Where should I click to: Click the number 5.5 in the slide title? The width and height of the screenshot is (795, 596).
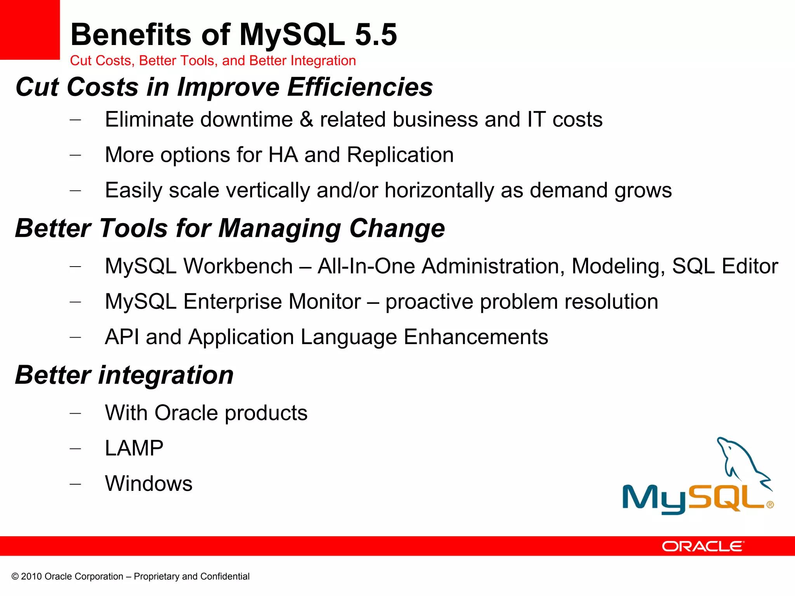(376, 35)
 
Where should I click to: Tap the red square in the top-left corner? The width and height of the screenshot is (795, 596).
(30, 29)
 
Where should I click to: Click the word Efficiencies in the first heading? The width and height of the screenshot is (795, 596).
(360, 87)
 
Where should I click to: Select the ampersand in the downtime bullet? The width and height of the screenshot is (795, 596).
(306, 120)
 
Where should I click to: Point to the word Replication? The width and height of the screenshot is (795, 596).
(400, 155)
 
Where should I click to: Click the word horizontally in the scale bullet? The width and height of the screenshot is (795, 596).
(439, 191)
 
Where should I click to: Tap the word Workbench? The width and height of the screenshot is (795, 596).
(238, 266)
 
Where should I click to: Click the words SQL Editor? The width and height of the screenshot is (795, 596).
(725, 266)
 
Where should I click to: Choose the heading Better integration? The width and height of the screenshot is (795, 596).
(124, 375)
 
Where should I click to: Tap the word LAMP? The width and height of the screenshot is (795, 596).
(134, 448)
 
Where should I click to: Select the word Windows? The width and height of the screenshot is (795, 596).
(149, 484)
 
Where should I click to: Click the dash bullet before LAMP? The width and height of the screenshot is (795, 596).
(75, 449)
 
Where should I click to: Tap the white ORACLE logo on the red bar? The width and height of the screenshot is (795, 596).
(703, 546)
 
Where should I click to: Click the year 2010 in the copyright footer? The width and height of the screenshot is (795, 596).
(31, 577)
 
